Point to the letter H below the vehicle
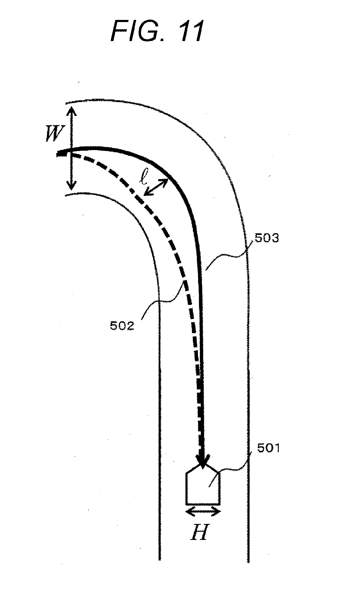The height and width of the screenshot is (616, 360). click(199, 533)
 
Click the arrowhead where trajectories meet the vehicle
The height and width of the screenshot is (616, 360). click(202, 460)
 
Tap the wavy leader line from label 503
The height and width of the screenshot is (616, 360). click(227, 257)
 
